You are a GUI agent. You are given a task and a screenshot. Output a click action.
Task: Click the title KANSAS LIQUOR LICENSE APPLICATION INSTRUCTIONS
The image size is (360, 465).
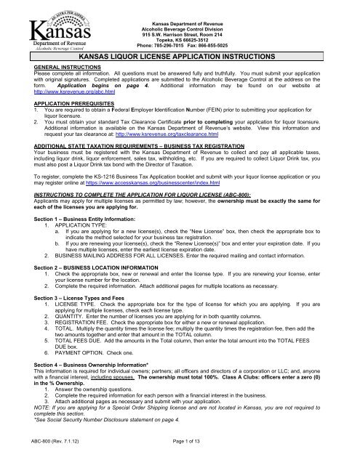point(180,54)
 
